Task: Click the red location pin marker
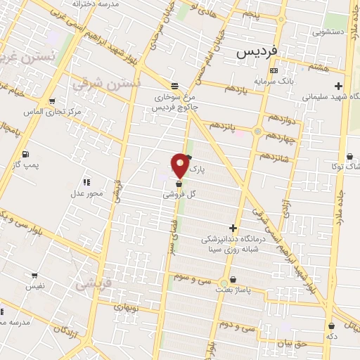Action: tap(181, 165)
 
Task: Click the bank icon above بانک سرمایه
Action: tap(274, 70)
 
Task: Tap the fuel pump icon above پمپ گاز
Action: tap(26, 154)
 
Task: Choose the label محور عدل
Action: tap(87, 192)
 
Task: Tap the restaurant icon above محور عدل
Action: tap(86, 182)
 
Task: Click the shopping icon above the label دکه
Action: tap(331, 326)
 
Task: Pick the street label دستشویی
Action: tap(328, 32)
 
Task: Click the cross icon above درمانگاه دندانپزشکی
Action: tap(233, 227)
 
